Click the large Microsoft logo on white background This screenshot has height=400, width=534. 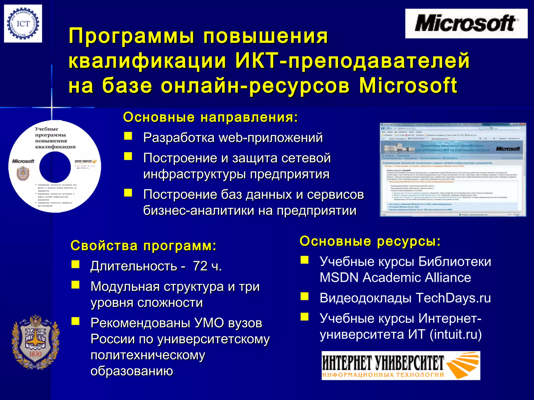(466, 23)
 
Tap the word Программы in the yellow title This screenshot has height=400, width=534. (132, 36)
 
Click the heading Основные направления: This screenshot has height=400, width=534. (210, 117)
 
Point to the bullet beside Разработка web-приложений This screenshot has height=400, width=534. (128, 136)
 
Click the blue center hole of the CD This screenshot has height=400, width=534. (55, 167)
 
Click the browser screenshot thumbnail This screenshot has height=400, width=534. (453, 170)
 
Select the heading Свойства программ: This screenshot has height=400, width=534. (143, 246)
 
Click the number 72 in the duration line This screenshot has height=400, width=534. (200, 266)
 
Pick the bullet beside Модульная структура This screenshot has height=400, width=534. (76, 285)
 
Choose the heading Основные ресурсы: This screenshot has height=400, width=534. (370, 241)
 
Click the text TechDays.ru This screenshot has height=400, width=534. (453, 298)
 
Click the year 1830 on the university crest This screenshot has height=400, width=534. (35, 354)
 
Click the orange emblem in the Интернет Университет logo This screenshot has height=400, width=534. (462, 365)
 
